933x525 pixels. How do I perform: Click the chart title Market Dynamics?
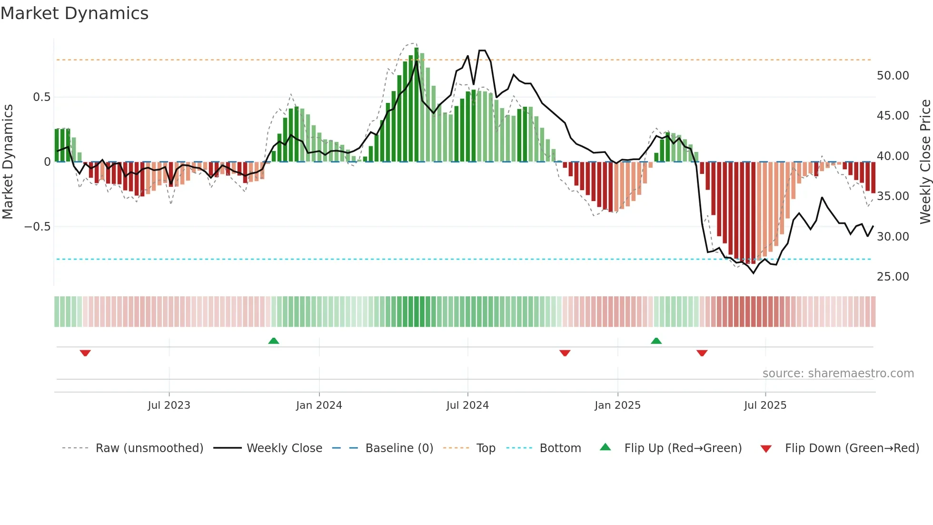click(75, 13)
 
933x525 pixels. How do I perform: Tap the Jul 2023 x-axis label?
click(169, 405)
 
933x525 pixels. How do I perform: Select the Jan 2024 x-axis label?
click(319, 405)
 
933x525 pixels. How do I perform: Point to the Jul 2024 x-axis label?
click(467, 405)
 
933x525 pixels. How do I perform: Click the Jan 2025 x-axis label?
click(617, 405)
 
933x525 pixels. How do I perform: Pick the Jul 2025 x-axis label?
click(765, 405)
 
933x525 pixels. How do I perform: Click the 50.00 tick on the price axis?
click(893, 76)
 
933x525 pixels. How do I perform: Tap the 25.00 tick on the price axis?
click(893, 277)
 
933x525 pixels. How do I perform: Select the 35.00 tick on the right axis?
click(893, 196)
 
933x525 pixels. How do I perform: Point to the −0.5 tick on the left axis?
click(38, 227)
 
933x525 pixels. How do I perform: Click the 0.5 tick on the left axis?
click(41, 97)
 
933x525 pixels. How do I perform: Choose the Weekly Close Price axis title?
click(925, 162)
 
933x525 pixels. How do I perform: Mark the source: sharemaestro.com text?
click(838, 374)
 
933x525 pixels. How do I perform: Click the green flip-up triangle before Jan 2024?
click(274, 341)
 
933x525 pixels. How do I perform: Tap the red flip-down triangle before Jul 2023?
click(85, 353)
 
